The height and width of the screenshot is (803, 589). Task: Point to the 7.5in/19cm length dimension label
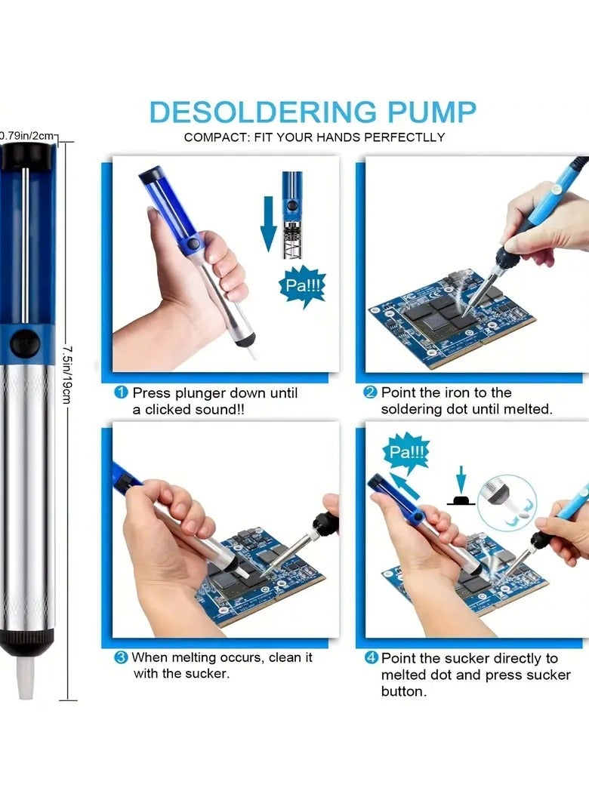(66, 374)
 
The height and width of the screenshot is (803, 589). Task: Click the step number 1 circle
(121, 392)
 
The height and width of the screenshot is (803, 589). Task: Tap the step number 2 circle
(370, 392)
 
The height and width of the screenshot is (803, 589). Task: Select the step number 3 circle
(121, 657)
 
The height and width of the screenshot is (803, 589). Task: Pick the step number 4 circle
(371, 657)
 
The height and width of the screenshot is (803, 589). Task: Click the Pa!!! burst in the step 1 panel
(303, 285)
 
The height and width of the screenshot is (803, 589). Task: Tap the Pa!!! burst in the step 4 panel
(406, 451)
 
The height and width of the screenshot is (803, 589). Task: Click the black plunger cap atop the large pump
(26, 155)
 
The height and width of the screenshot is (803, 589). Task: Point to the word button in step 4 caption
(404, 691)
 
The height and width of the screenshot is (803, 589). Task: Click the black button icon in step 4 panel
(461, 500)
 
